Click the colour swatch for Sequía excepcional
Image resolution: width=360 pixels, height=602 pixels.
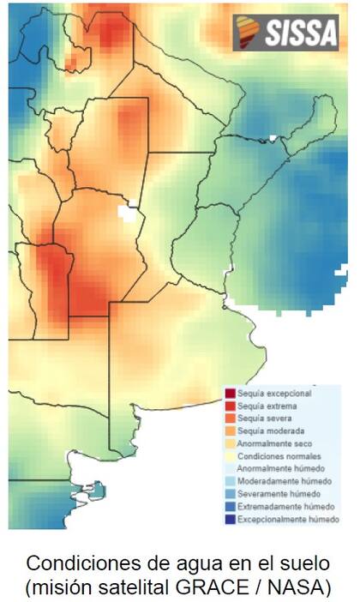tap(230, 393)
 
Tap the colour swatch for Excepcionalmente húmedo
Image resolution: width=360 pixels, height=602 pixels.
tap(230, 520)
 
